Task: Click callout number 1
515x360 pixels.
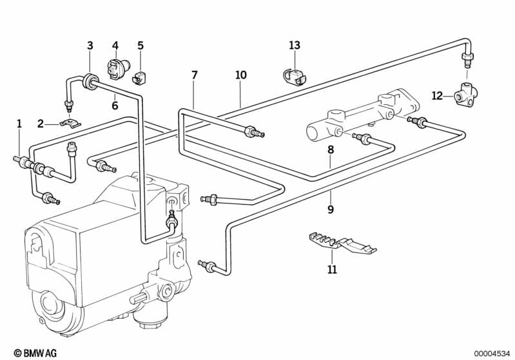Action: pyautogui.click(x=19, y=123)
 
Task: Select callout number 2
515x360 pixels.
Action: pyautogui.click(x=40, y=123)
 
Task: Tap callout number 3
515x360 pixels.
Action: pyautogui.click(x=90, y=45)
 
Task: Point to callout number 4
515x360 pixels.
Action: pyautogui.click(x=115, y=45)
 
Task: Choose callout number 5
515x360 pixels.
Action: pyautogui.click(x=141, y=45)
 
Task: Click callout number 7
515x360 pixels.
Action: pyautogui.click(x=195, y=75)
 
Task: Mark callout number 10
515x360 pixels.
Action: pyautogui.click(x=240, y=75)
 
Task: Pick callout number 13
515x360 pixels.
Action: pyautogui.click(x=295, y=45)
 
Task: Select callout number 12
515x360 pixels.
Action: pyautogui.click(x=437, y=96)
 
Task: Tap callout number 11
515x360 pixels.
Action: pyautogui.click(x=332, y=269)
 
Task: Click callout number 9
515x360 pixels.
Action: pyautogui.click(x=331, y=209)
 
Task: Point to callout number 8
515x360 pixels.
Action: pyautogui.click(x=331, y=149)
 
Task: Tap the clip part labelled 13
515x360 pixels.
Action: pyautogui.click(x=294, y=77)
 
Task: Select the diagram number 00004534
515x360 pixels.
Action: pyautogui.click(x=492, y=353)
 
